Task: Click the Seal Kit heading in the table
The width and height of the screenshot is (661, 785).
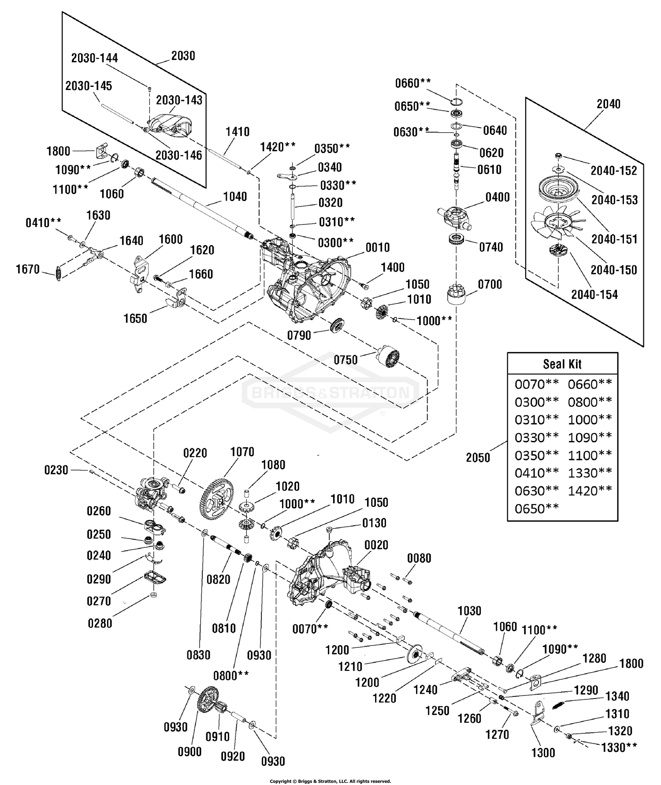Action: click(x=562, y=364)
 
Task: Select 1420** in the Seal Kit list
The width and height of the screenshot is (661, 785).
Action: click(x=590, y=491)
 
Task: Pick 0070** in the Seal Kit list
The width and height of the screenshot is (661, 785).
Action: click(x=536, y=385)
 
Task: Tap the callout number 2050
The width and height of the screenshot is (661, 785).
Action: click(x=478, y=458)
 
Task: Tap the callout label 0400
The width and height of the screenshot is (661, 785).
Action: click(x=498, y=197)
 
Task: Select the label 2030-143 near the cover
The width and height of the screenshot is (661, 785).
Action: click(x=179, y=100)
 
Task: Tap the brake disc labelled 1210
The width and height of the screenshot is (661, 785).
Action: click(x=413, y=656)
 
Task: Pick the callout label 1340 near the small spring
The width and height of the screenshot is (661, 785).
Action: click(x=617, y=696)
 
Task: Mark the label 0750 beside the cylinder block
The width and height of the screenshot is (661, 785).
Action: click(x=345, y=360)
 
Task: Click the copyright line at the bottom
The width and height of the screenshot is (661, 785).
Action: click(x=330, y=781)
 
